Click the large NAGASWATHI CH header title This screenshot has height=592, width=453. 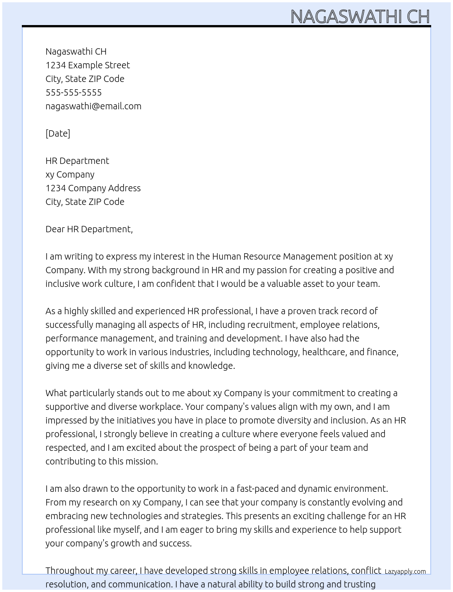(360, 16)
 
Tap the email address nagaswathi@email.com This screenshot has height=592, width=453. (93, 106)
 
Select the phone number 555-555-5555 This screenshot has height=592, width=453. (74, 92)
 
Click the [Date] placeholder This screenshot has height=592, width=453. (58, 133)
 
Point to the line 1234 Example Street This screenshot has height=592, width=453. (88, 65)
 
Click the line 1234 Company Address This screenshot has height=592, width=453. (93, 188)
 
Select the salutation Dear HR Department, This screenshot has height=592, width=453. (89, 229)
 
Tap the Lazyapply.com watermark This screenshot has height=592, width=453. (405, 572)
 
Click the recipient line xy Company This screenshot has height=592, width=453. (70, 174)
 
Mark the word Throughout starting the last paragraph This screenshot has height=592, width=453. (68, 571)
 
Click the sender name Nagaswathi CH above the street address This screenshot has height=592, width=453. (76, 51)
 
